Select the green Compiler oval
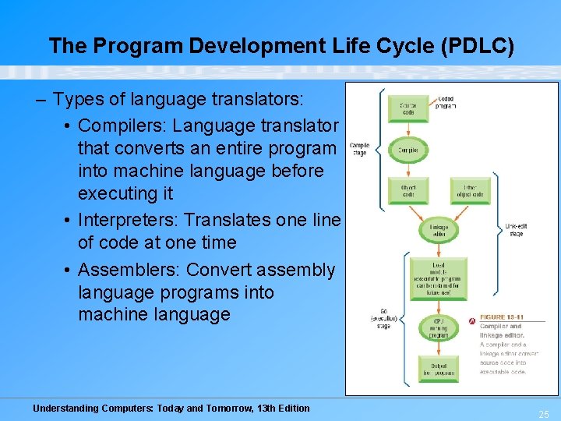408,150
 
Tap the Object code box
408,190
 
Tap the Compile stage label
359,149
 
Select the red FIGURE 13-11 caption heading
501,317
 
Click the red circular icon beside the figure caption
472,321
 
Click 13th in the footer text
249,408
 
